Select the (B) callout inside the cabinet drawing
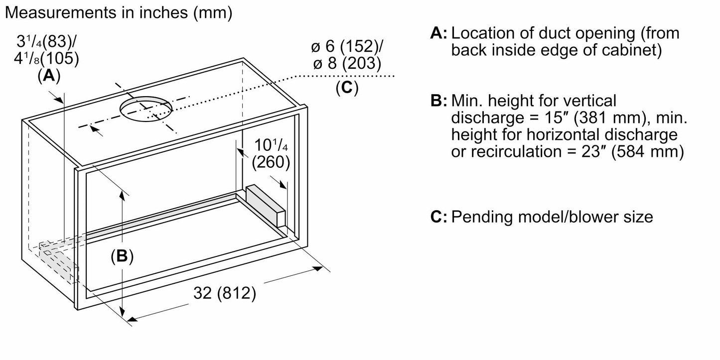click(x=122, y=256)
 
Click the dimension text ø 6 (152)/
click(x=347, y=47)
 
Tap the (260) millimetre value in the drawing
click(x=271, y=162)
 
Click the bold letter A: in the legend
click(x=439, y=34)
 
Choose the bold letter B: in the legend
click(x=439, y=101)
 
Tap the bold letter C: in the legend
click(x=439, y=218)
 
